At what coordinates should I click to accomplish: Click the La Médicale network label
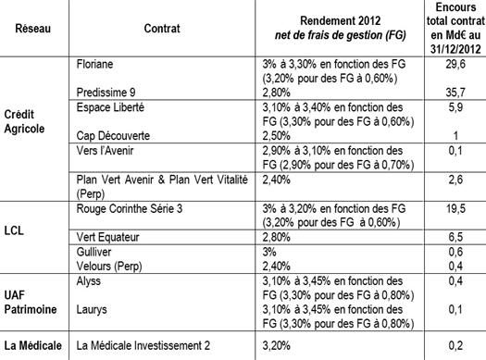[32, 345]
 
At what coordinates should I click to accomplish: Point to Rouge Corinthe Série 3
[128, 208]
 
